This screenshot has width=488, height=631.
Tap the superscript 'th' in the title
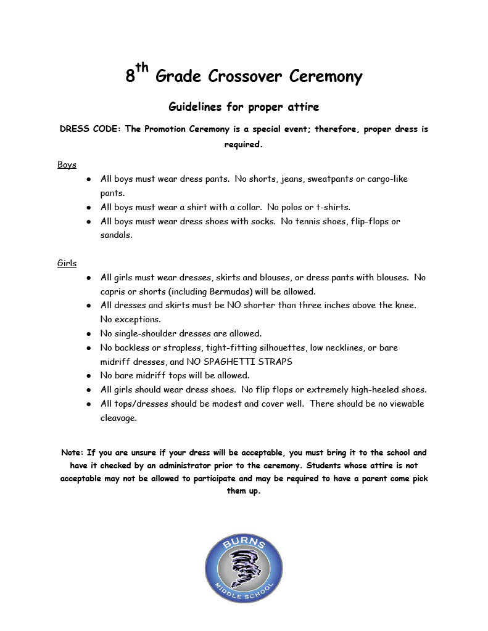click(142, 68)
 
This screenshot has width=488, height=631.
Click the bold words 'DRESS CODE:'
click(90, 129)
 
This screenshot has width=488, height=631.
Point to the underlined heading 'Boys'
click(67, 165)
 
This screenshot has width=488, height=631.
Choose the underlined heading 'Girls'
click(67, 263)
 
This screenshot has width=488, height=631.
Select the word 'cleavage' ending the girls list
click(118, 418)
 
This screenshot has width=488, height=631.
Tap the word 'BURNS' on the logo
click(245, 544)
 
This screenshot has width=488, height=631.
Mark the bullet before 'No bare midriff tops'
click(89, 375)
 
